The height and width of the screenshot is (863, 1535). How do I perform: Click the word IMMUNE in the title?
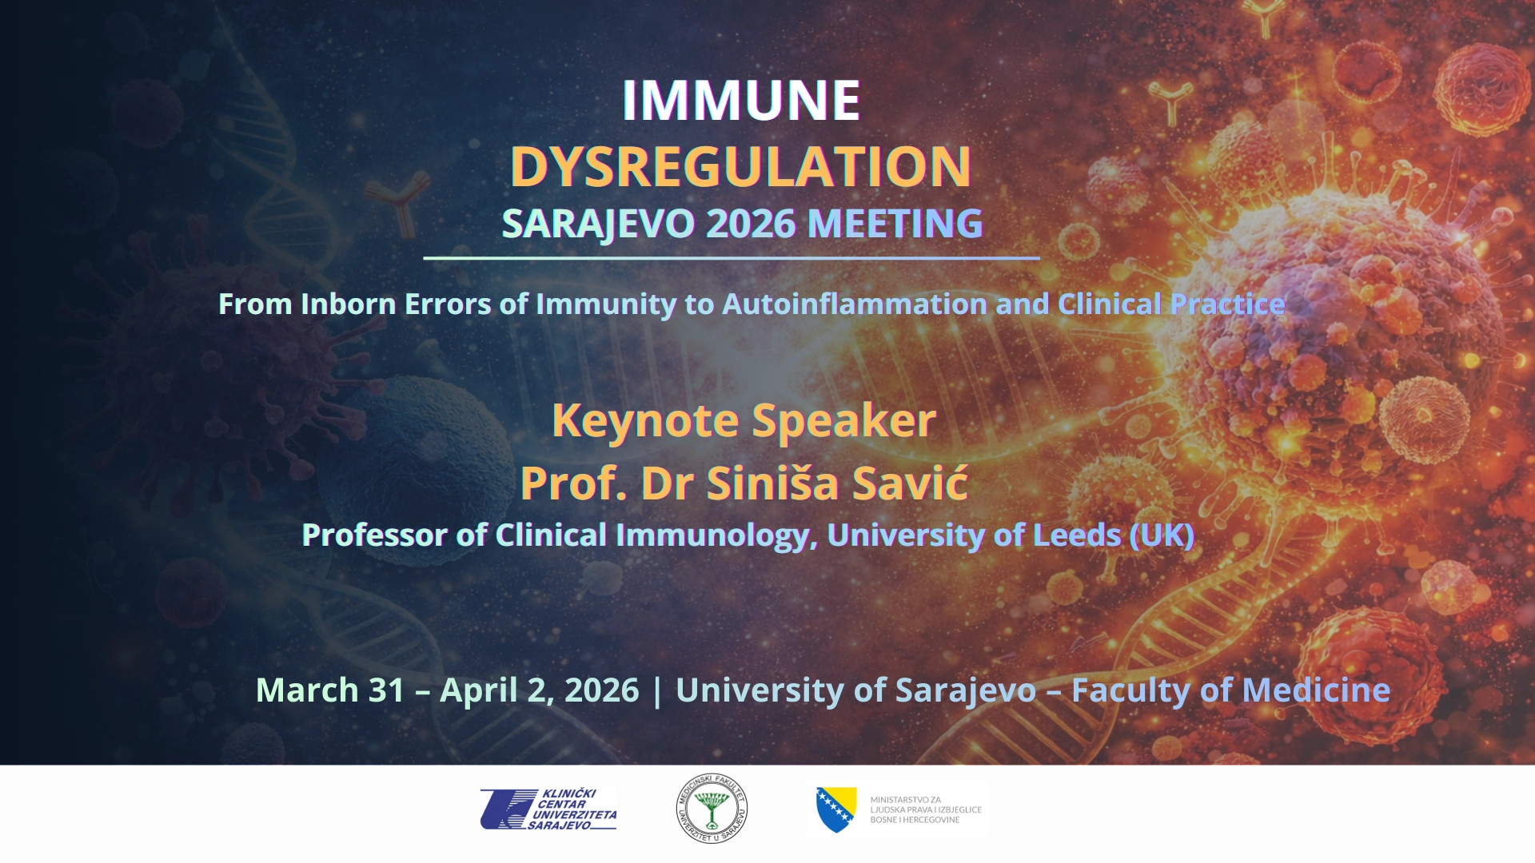coord(741,101)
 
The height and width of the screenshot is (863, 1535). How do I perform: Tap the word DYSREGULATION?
coord(741,166)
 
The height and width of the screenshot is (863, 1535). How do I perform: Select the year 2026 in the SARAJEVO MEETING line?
coord(751,223)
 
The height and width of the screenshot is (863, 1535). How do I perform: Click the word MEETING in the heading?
coord(895,223)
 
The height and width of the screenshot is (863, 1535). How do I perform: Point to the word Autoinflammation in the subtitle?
coord(855,304)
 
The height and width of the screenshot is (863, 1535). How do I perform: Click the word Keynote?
coord(645,420)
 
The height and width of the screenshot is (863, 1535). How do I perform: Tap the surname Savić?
coord(911,483)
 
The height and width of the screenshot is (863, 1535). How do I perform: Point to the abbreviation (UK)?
coord(1162,535)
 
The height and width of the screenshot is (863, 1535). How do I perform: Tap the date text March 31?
coord(330,690)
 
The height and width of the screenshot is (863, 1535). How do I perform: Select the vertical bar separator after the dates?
coord(657,691)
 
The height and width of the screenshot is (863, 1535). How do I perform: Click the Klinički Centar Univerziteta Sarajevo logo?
coord(548,809)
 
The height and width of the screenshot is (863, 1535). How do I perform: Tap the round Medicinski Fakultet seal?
coord(712,808)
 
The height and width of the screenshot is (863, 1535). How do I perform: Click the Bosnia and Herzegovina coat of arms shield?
coord(835,809)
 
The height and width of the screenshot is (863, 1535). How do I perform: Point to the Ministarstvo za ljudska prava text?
coord(926,809)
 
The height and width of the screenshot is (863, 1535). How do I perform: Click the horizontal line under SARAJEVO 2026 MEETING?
coord(732,258)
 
